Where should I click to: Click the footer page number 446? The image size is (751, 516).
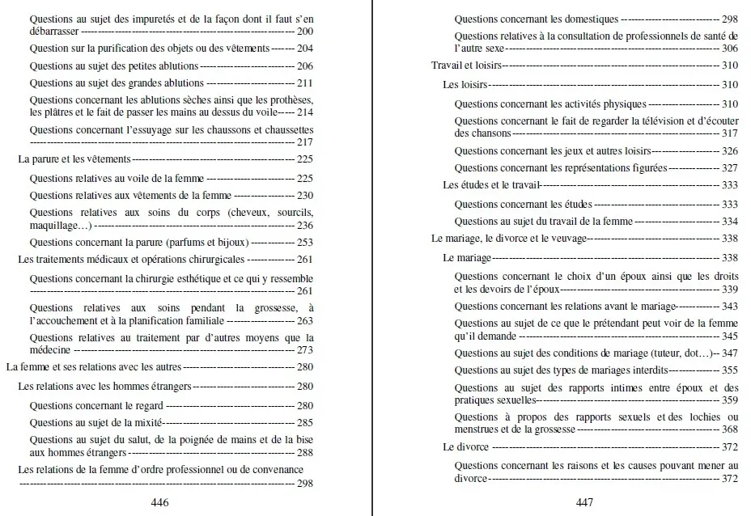click(x=159, y=502)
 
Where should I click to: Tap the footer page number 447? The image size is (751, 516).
click(x=584, y=502)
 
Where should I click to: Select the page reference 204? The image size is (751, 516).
click(x=304, y=49)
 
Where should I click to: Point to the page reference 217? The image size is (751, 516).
click(x=304, y=142)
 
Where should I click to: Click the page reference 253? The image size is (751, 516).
click(x=304, y=242)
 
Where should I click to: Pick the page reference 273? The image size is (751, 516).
click(x=304, y=350)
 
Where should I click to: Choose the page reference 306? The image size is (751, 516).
click(x=729, y=49)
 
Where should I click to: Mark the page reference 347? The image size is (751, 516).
click(x=728, y=353)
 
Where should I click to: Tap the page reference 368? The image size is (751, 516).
click(x=729, y=429)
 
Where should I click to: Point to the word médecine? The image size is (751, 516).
click(x=50, y=350)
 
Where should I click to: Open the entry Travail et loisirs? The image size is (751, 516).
click(x=466, y=66)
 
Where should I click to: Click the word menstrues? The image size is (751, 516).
click(x=479, y=429)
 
